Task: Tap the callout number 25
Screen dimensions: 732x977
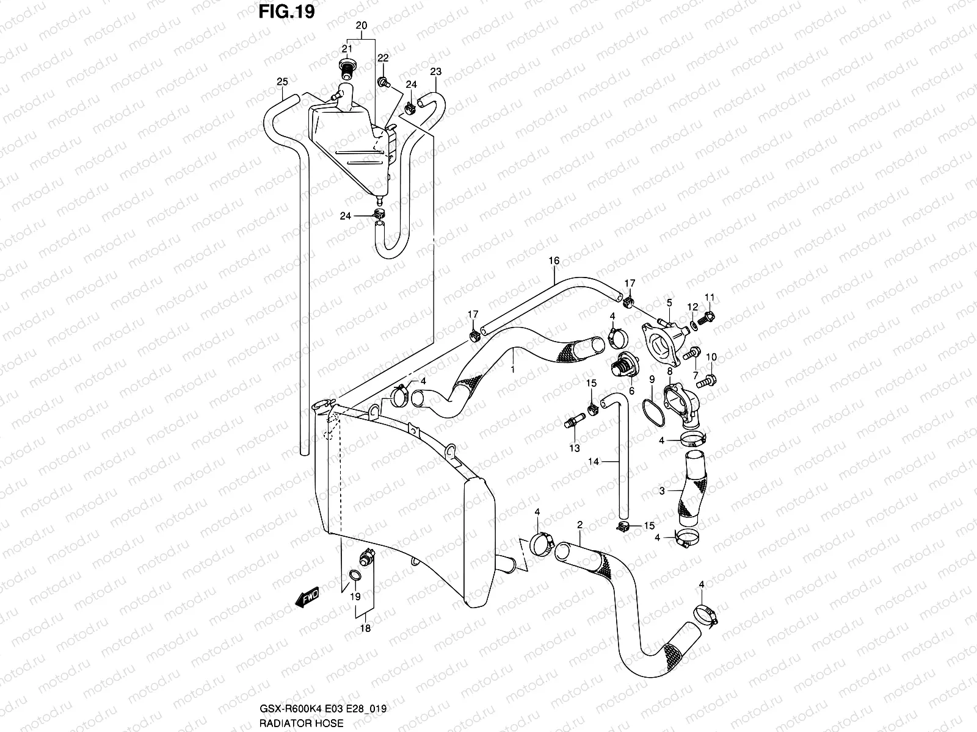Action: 282,82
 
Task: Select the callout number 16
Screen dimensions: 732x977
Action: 554,261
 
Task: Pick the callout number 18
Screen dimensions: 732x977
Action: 366,628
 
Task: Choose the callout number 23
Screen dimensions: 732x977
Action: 435,72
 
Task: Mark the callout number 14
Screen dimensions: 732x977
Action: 594,462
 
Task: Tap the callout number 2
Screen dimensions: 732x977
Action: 579,525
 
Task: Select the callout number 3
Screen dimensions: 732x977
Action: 662,490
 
